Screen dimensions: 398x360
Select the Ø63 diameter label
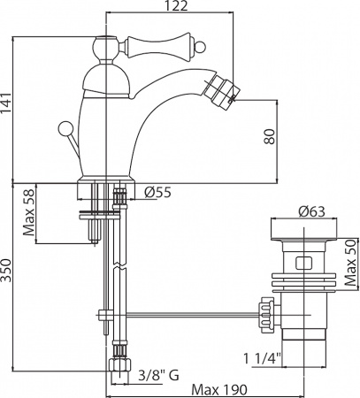(312, 210)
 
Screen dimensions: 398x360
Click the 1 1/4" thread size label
(262, 357)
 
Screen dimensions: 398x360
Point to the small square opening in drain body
(303, 262)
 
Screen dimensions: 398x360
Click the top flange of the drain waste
(303, 231)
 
